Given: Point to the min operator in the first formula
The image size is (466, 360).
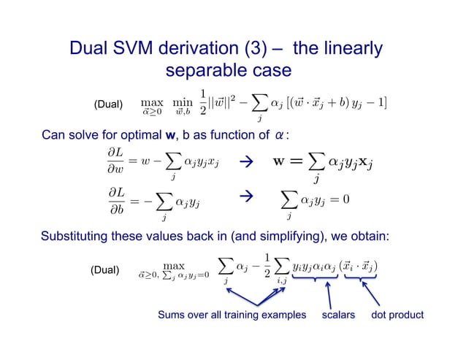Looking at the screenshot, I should tap(182, 103).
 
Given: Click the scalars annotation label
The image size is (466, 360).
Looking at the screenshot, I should tap(337, 315).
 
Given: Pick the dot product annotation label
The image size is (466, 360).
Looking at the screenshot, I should tap(397, 315).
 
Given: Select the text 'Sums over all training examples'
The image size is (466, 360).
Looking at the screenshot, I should tap(232, 315).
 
